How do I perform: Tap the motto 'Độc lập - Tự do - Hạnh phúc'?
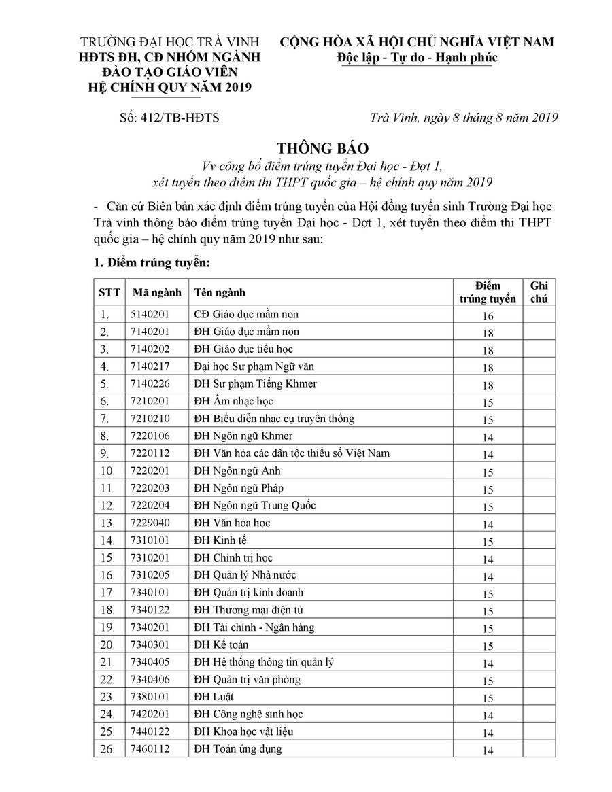pos(418,57)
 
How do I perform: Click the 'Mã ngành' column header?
pos(157,292)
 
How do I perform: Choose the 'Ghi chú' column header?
pos(539,292)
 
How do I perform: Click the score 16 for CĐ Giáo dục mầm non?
pos(488,316)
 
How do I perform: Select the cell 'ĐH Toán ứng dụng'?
pos(238,749)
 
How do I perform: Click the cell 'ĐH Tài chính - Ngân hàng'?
pos(254,627)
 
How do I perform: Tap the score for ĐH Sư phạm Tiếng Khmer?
pos(488,385)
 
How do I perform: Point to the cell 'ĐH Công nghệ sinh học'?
pos(249,714)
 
